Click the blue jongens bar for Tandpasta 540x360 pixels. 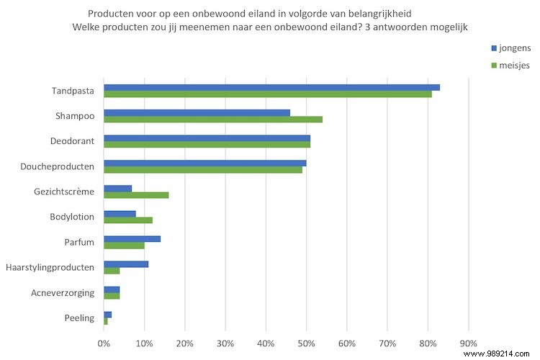click(271, 87)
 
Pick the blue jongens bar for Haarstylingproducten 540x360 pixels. click(126, 264)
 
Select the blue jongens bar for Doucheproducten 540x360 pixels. click(205, 163)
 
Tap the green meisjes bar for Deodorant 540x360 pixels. click(207, 144)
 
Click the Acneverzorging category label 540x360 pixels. click(63, 292)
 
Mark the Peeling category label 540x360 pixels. click(80, 318)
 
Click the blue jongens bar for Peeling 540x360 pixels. click(108, 314)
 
